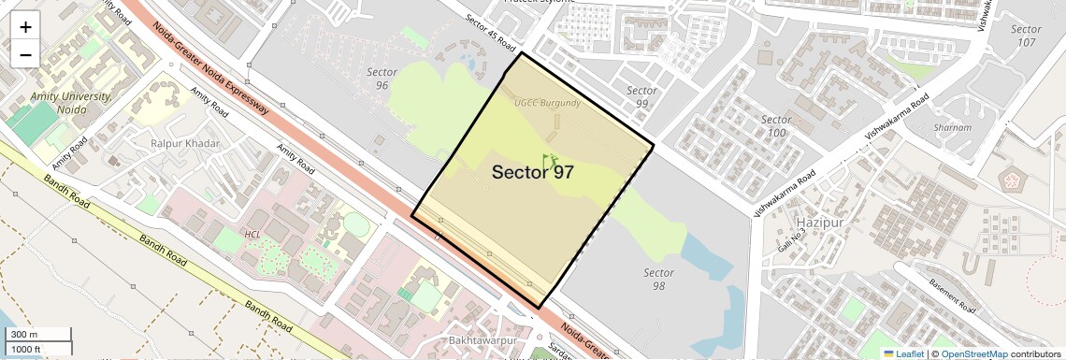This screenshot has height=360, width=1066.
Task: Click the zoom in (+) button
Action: click(25, 26)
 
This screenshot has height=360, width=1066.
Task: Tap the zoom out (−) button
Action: click(25, 54)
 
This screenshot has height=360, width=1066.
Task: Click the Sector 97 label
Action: click(532, 172)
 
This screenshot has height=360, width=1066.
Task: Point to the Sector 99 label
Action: click(641, 97)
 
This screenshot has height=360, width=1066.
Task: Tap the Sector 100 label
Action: click(776, 126)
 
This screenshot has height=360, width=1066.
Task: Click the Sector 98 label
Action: click(659, 279)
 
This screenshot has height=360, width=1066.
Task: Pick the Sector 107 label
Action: click(1026, 36)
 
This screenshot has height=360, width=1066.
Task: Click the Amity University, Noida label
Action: click(71, 103)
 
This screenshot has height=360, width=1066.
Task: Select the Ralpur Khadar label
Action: click(184, 143)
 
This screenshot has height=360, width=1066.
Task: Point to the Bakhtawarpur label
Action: click(483, 340)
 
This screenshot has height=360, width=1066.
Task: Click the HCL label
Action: click(252, 235)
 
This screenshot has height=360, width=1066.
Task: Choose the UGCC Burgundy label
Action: click(548, 102)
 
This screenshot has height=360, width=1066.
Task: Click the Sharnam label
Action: click(953, 127)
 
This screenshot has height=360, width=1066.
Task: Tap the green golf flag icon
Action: click(549, 161)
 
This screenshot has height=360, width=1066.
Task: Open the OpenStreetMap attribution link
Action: click(973, 354)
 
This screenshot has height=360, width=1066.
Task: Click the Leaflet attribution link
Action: click(902, 354)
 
